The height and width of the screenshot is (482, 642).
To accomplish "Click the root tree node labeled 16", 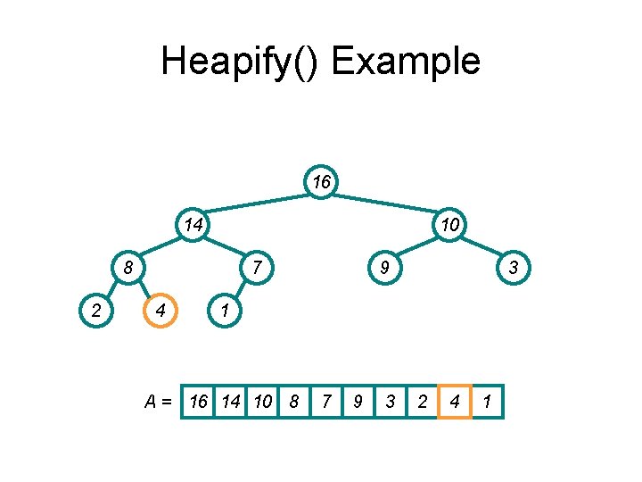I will pos(322,182).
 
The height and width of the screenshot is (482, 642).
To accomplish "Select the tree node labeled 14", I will pos(193,225).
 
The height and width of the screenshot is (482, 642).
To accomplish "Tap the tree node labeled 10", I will pos(450,225).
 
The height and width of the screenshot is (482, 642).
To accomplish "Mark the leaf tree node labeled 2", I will pos(96,311).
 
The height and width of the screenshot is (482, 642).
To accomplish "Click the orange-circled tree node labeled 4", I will pos(160,311).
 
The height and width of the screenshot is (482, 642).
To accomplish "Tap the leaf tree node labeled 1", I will pos(225,311).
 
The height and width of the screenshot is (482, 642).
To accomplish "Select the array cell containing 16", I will pos(198,403).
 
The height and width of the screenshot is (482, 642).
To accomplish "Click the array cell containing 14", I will pos(230,403).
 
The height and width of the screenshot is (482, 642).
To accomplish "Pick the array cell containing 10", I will pos(262,403).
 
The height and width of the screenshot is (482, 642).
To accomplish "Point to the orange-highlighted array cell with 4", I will pos(455,403).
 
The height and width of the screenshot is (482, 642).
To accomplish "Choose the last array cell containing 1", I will pos(487,403).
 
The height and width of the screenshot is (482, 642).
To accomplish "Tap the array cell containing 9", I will pos(358,403).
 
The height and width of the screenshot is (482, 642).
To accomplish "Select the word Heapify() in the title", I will pos(242,62).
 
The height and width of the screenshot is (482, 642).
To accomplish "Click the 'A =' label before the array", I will pos(160,403).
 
